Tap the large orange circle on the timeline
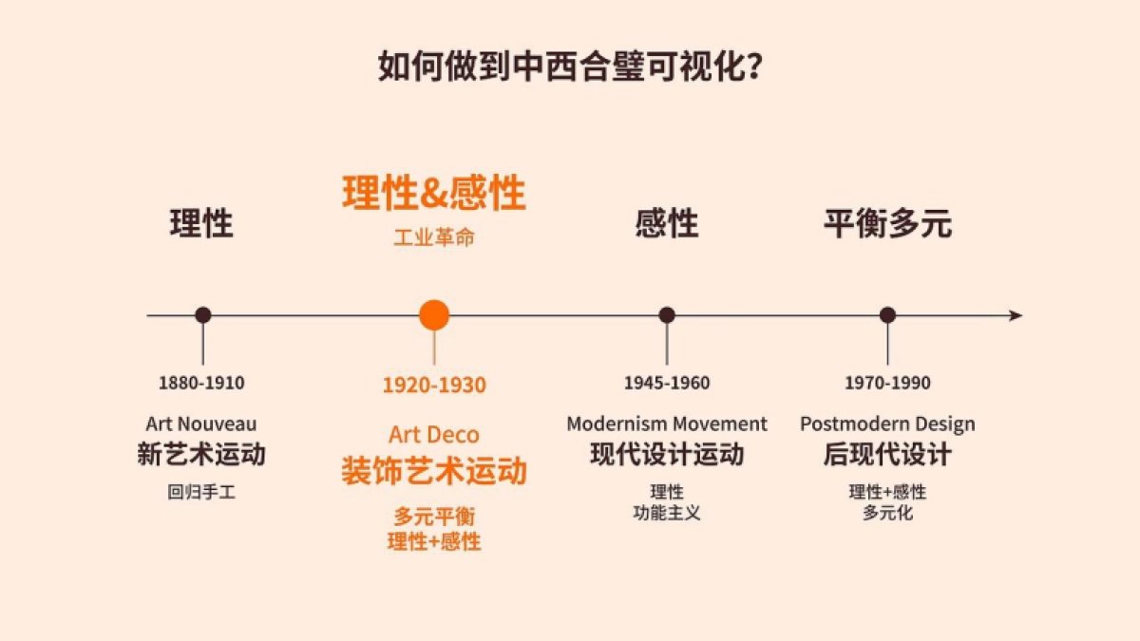(434, 315)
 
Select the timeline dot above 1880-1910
(202, 315)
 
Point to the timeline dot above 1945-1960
(667, 315)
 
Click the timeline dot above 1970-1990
(887, 315)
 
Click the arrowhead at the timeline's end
(1016, 315)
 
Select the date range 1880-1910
(201, 384)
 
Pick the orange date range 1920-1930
(434, 386)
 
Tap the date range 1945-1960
(667, 384)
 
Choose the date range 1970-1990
(887, 384)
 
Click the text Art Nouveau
(201, 424)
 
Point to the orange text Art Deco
(434, 435)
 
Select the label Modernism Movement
(667, 424)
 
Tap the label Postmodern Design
(887, 424)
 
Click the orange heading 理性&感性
(434, 194)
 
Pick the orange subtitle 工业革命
(434, 237)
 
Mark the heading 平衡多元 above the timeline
(887, 224)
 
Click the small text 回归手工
(201, 492)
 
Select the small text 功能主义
(667, 513)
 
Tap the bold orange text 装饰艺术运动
(434, 471)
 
